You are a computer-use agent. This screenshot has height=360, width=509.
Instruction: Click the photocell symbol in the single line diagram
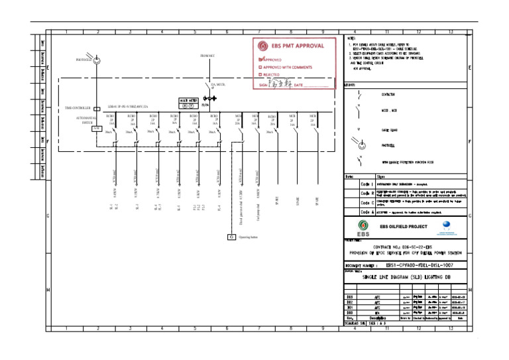[x=98, y=61]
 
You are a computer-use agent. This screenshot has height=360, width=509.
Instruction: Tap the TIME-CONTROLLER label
[x=78, y=107]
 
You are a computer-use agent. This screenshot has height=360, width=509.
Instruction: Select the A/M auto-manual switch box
[x=96, y=128]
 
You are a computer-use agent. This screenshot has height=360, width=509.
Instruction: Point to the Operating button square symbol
[x=231, y=237]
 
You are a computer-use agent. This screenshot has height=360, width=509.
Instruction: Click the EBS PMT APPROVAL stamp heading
[x=298, y=46]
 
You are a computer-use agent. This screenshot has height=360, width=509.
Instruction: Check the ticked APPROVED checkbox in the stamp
[x=260, y=60]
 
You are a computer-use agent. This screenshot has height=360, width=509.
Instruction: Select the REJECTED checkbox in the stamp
[x=260, y=76]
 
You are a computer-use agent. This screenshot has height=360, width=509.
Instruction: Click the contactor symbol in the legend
[x=359, y=95]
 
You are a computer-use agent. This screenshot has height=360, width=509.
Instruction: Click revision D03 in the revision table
[x=350, y=296]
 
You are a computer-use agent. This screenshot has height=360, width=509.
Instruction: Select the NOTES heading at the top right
[x=351, y=38]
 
